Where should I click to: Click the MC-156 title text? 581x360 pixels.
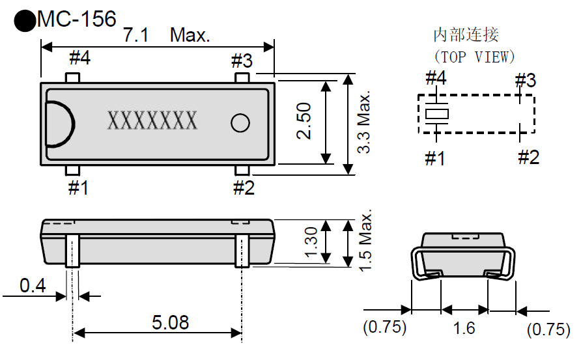point(76,20)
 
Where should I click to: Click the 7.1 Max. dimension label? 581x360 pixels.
point(167,35)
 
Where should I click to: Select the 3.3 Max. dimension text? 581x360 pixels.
point(363,122)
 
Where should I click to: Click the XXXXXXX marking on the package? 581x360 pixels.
point(152,121)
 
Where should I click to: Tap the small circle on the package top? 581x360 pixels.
point(240,122)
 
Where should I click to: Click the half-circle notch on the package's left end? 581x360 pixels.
point(60,122)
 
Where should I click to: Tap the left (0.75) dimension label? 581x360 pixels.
point(385,328)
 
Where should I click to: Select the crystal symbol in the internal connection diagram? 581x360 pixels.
point(436,114)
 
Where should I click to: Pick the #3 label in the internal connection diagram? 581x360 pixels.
point(525,81)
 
